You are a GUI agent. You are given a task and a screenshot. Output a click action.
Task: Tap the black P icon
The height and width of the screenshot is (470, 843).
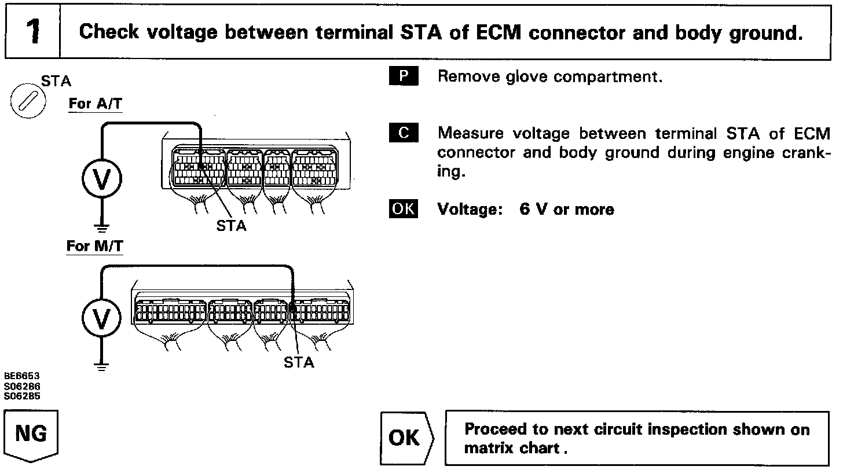(403, 76)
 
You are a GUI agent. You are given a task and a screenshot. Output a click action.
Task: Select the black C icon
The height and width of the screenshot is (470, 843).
(403, 134)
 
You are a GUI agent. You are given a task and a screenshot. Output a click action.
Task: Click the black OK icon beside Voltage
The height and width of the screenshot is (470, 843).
(403, 208)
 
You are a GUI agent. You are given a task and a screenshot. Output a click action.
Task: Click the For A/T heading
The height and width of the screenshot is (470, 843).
(96, 104)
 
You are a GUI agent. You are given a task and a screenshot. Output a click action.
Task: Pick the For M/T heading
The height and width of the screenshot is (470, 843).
(94, 246)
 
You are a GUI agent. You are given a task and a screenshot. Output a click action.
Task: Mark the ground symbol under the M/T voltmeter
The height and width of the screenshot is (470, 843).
(102, 366)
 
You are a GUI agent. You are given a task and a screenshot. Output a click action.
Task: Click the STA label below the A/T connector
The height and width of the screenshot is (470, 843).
(231, 225)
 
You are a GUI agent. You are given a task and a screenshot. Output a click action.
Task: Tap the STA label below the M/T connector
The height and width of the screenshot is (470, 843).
(299, 363)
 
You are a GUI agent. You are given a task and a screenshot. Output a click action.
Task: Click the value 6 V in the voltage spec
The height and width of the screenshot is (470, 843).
(533, 209)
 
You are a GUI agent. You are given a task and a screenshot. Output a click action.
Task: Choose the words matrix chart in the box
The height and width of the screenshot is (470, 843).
(512, 448)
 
